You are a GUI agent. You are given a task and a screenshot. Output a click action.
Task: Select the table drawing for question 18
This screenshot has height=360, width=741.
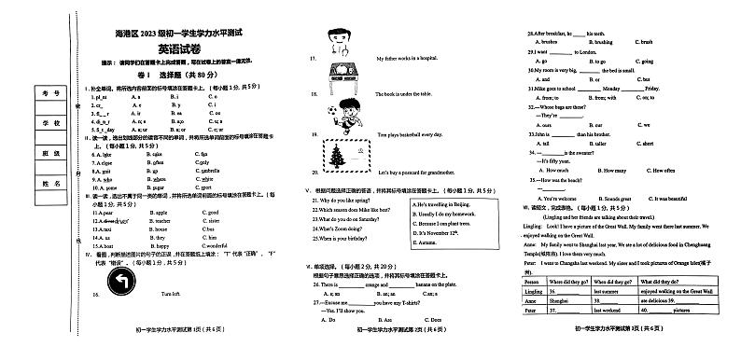pos(335,86)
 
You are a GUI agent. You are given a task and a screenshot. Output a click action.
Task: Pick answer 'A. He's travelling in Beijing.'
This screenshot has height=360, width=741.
pos(445,204)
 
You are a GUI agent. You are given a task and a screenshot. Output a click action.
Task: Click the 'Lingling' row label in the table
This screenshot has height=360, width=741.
pos(533,291)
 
